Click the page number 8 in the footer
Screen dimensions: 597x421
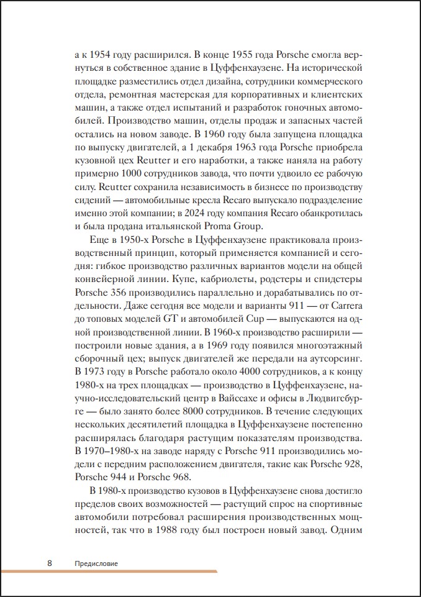50,563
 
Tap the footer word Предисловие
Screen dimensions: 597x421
96,563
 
